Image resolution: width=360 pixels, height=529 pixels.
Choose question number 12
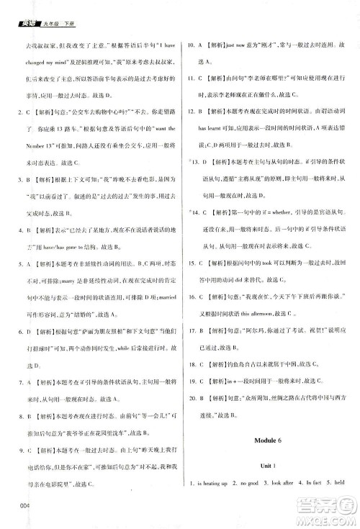[189, 112]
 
